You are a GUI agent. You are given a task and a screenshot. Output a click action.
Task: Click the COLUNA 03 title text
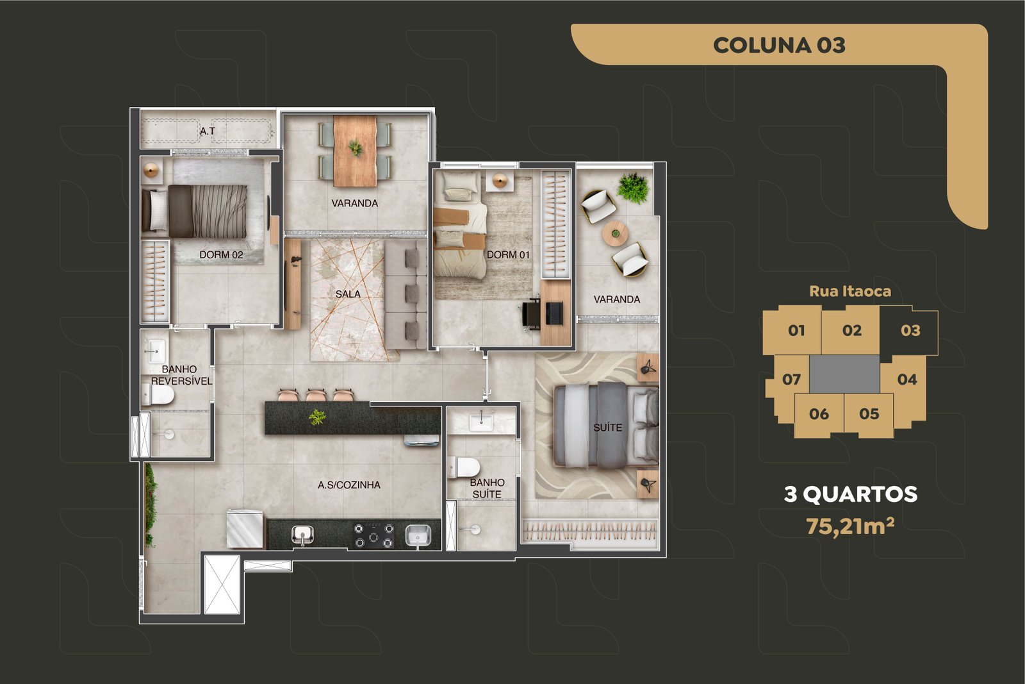tap(779, 46)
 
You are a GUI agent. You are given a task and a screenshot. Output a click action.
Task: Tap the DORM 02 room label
tap(221, 254)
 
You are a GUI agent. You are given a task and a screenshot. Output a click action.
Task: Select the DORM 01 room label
tap(508, 254)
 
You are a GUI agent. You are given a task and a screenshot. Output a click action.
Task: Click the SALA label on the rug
tap(348, 294)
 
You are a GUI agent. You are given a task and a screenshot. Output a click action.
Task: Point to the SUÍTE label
tap(608, 427)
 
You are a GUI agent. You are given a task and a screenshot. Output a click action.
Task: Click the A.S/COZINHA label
tap(349, 485)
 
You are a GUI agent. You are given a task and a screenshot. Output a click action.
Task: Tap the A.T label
tap(208, 131)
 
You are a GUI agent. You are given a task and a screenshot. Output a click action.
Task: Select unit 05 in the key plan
tap(869, 414)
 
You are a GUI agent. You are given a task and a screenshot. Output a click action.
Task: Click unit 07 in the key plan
tap(791, 379)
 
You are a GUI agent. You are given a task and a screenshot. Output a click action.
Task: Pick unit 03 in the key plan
tap(910, 331)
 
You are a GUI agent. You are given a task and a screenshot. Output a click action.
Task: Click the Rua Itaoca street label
tap(850, 291)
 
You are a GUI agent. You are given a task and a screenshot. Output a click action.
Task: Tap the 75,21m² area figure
tap(850, 526)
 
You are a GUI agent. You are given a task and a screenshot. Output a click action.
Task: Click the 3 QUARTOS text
tap(851, 494)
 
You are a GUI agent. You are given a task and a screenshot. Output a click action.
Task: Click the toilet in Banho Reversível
tap(158, 395)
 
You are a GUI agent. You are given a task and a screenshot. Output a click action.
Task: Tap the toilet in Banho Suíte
tap(464, 467)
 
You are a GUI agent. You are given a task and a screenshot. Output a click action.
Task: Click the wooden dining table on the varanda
tap(355, 151)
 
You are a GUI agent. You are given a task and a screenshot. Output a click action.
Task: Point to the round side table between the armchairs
tap(615, 233)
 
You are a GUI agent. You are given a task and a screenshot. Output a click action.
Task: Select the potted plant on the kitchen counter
tap(316, 417)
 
